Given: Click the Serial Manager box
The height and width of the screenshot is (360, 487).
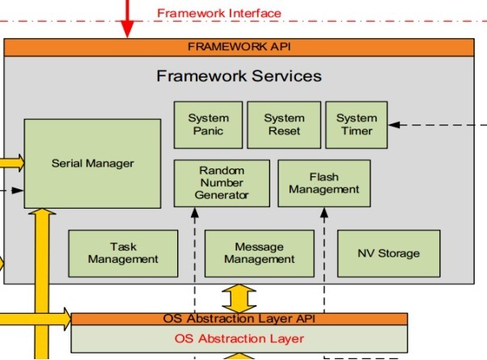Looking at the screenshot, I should [x=92, y=163].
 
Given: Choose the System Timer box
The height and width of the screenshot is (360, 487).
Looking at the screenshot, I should [x=356, y=125].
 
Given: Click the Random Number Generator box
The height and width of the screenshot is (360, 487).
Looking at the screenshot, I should [x=222, y=183].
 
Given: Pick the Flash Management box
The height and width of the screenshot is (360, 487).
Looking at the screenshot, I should [x=324, y=183].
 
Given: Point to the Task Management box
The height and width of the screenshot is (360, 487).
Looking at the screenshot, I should [x=123, y=253].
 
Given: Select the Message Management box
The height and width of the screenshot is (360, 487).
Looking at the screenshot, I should [x=259, y=253].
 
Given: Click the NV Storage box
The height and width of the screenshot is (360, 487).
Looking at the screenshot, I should [x=388, y=253].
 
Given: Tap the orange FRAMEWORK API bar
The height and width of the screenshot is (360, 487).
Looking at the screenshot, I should [x=239, y=47].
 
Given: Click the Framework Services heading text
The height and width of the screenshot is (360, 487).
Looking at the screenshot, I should [x=239, y=76].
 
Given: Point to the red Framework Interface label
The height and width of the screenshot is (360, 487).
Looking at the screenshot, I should [x=218, y=13].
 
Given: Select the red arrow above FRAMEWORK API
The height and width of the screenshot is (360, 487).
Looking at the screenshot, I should [x=126, y=20].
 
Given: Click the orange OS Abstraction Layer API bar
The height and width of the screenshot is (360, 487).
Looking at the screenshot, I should [x=239, y=319].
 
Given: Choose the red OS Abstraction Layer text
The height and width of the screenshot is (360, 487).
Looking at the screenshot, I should [x=239, y=338].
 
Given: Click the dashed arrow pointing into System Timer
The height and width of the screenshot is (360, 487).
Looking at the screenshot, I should [x=437, y=125].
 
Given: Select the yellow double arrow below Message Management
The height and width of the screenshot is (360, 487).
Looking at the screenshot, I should [x=239, y=297].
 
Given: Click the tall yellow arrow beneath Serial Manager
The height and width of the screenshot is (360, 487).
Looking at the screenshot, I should [x=45, y=283].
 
